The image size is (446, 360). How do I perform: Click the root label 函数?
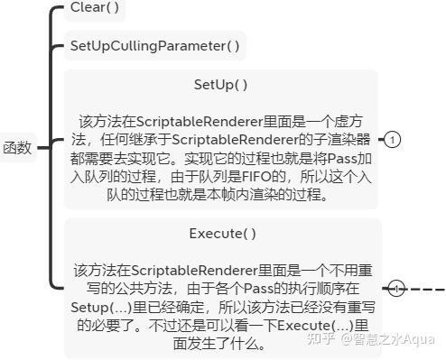(17, 148)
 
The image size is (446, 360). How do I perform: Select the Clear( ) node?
(94, 9)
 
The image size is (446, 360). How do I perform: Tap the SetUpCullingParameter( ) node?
(155, 45)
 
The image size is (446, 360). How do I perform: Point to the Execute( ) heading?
(222, 234)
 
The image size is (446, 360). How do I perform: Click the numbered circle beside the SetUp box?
(394, 140)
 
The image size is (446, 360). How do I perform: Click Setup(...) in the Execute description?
(104, 307)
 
